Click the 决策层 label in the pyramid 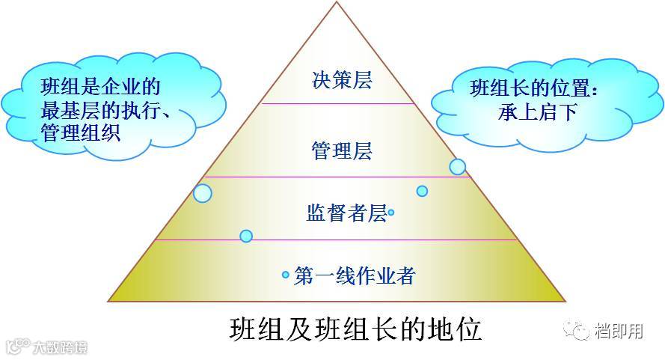341,80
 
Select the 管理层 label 341,152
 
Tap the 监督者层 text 346,213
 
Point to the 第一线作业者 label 355,275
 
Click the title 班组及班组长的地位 355,329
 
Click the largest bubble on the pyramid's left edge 203,193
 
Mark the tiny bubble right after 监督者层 391,213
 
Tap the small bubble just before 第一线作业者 285,275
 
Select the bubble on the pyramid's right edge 457,167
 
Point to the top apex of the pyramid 337,4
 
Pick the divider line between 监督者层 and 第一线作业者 337,240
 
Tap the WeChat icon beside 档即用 577,329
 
